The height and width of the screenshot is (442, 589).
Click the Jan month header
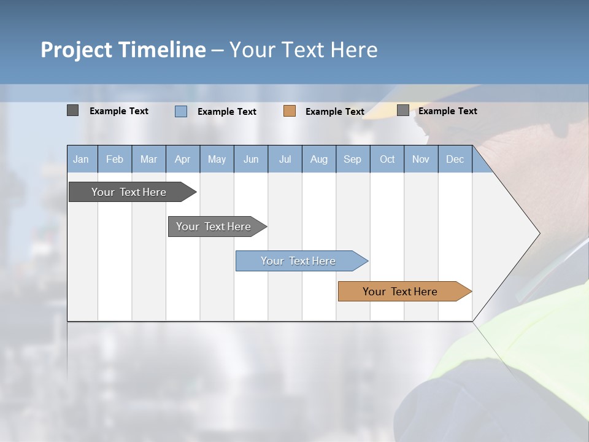coord(81,159)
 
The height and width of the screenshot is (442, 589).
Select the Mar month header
coord(148,159)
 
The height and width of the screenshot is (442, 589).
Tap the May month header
coord(217,159)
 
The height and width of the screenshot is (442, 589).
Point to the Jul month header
coord(285,159)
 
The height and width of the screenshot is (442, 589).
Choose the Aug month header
coord(318,159)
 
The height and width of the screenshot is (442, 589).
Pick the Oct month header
coord(387,159)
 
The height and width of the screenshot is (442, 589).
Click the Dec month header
coord(455,159)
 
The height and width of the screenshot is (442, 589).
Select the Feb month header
coord(115,159)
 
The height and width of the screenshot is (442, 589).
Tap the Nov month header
coord(421,159)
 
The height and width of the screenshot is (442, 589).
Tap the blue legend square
coord(181,111)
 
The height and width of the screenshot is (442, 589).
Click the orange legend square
coord(290,111)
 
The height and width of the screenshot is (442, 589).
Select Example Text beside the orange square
coord(335,112)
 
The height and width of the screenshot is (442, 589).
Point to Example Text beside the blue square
coord(227,112)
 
